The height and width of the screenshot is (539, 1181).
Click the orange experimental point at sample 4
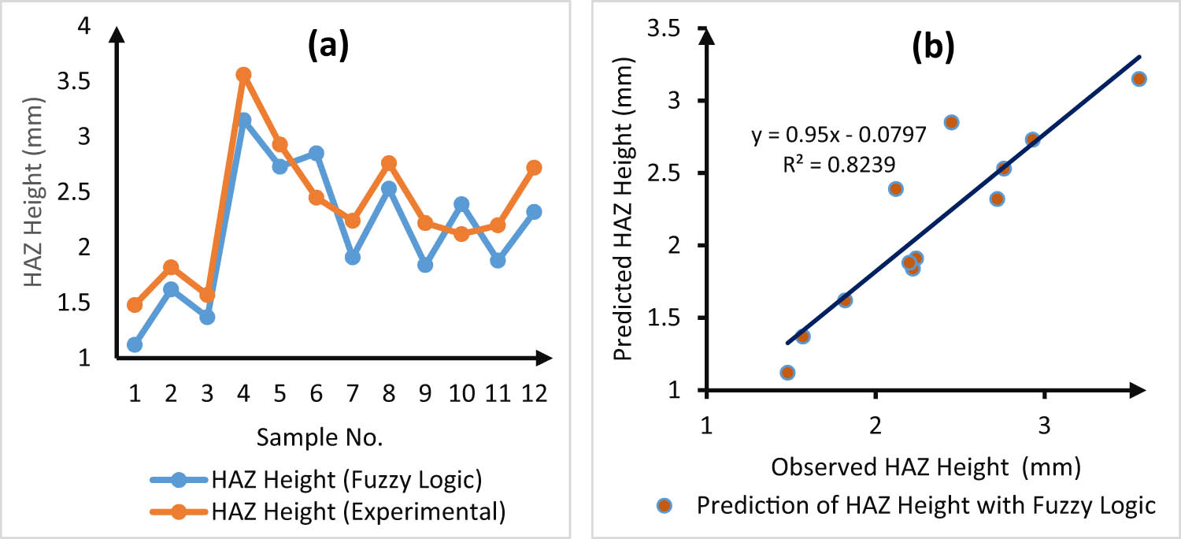point(243,75)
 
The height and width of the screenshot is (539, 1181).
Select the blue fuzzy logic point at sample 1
point(135,344)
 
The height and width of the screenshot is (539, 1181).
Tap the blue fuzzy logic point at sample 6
point(316,153)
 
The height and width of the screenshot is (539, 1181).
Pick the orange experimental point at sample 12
point(534,167)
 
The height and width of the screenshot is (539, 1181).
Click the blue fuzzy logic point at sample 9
point(425,265)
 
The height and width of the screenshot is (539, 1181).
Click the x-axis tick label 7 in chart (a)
point(352,392)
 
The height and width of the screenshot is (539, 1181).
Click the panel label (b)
point(932,48)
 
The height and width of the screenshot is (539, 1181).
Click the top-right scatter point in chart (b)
point(1138,79)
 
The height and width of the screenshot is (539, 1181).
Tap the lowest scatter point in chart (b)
point(787,372)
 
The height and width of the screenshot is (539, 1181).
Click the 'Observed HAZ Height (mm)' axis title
point(925,467)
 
